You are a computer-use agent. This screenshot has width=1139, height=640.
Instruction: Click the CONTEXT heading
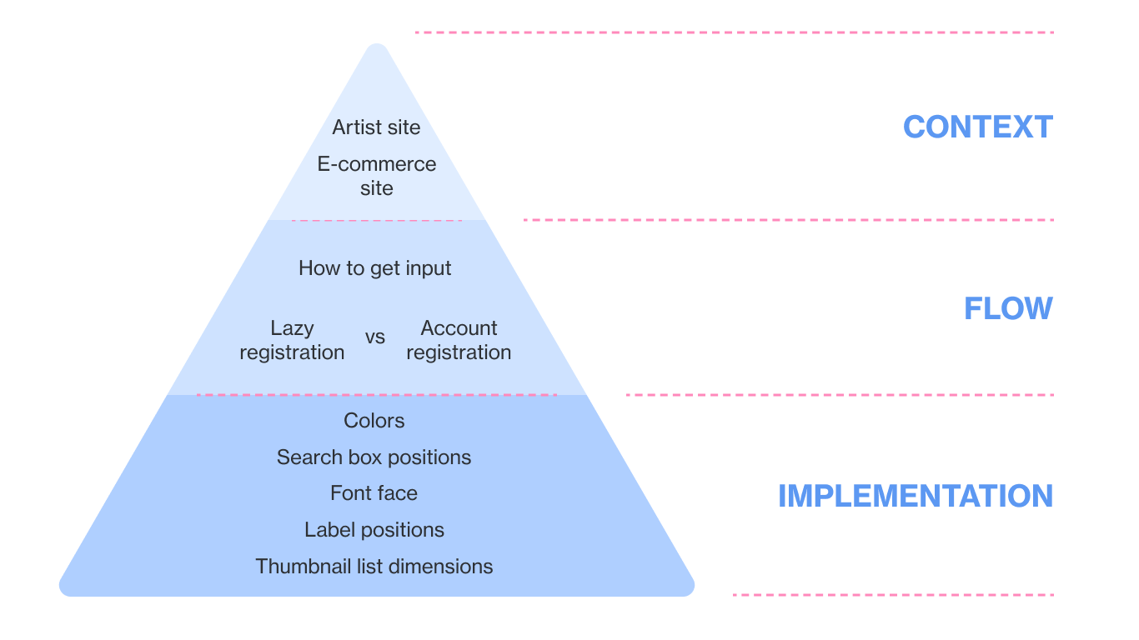coord(977,127)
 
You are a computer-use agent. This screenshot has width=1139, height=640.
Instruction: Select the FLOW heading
coord(1008,309)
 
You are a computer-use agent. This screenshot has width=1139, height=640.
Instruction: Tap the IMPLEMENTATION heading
coord(915,497)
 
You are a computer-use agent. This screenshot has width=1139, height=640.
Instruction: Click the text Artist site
coord(376,127)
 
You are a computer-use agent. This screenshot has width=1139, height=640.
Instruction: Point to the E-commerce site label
coord(377,176)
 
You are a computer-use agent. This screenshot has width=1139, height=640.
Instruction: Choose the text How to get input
coord(375,268)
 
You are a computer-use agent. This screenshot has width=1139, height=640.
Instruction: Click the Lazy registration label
coord(292,340)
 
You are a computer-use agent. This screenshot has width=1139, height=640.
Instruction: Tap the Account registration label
coord(459,340)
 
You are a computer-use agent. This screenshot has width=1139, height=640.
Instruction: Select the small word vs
coord(375,337)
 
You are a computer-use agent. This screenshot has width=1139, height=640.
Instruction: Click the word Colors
coord(374,421)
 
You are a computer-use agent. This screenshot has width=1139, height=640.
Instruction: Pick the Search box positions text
coord(374,457)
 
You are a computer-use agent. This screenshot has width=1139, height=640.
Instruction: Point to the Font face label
coord(374,493)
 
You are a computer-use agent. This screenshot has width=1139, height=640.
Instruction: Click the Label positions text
coord(374,530)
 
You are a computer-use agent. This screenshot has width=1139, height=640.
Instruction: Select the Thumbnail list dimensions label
coord(374,567)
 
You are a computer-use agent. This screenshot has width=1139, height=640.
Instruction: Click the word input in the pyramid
coord(429,269)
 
